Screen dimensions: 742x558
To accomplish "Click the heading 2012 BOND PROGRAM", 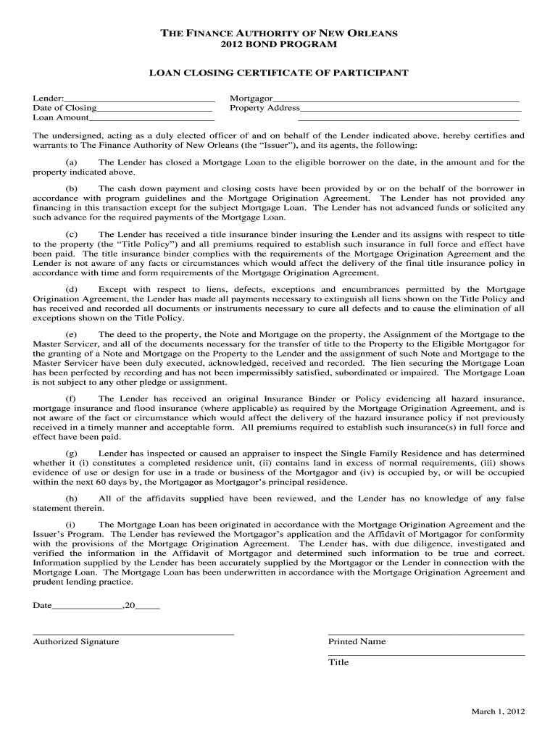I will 279,45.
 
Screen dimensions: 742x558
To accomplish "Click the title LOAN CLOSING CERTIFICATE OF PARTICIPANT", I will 279,73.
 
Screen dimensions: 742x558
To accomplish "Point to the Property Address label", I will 265,108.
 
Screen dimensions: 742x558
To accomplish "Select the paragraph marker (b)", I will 72,188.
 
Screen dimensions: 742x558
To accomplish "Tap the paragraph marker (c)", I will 72,234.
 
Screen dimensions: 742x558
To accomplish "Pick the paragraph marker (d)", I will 72,289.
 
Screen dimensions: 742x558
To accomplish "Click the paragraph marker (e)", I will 72,335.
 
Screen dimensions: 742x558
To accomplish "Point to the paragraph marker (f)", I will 72,399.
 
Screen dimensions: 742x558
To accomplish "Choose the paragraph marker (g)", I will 72,453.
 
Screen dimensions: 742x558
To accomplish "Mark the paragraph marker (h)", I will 72,499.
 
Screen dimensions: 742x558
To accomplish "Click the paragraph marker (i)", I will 72,524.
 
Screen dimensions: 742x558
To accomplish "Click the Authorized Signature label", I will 76,641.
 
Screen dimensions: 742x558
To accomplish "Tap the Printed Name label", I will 357,641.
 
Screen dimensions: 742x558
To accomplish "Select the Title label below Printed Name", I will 338,662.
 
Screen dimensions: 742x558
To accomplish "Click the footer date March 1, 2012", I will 498,712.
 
